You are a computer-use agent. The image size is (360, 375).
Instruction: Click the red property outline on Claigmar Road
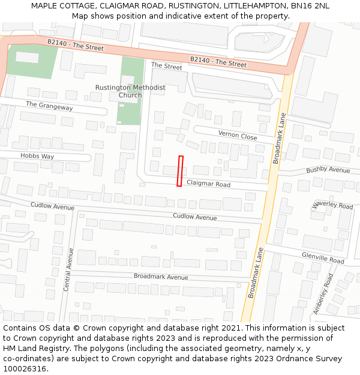point(180,171)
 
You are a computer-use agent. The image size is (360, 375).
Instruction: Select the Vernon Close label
point(238,135)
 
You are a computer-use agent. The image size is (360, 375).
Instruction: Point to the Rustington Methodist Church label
point(130,91)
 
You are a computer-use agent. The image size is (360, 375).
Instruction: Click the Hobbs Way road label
point(37,156)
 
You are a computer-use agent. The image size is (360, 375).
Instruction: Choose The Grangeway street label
point(49,106)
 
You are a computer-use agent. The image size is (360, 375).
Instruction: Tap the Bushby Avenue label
point(328,170)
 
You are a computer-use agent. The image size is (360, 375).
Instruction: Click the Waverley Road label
point(332,205)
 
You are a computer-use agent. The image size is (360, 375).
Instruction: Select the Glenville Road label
point(323,258)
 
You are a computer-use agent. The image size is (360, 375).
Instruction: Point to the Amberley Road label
point(323,294)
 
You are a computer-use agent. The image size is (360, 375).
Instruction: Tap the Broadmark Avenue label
point(161,277)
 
